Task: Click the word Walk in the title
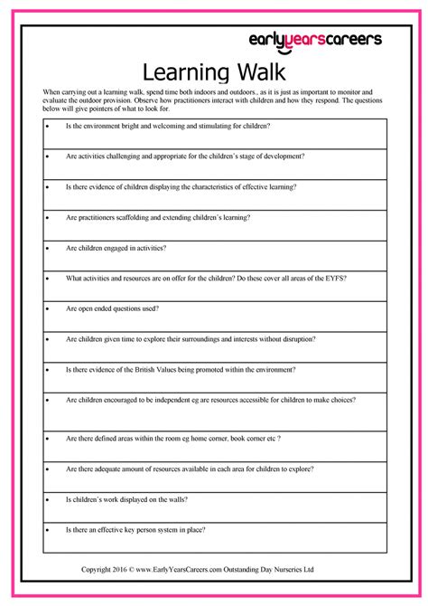click(256, 71)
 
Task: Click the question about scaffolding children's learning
click(158, 217)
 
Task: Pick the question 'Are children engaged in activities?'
click(116, 247)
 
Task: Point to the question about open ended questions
click(113, 308)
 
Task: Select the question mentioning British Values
click(181, 369)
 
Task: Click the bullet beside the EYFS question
click(47, 278)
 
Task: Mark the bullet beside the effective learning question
click(47, 186)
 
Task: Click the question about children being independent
click(210, 399)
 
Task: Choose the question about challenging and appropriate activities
click(193, 156)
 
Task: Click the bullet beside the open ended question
click(47, 308)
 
